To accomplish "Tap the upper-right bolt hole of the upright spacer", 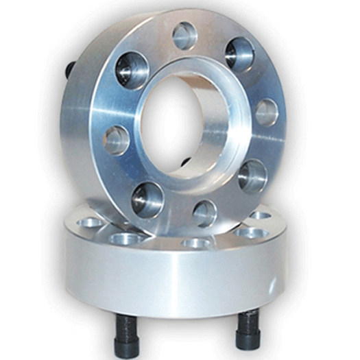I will tap(239, 53).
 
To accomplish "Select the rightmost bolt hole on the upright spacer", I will tap(267, 112).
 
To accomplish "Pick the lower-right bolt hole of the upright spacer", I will tap(253, 175).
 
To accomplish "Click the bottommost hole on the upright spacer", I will tap(204, 213).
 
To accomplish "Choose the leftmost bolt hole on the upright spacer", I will tap(117, 140).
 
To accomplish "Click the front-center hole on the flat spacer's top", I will tap(196, 243).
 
